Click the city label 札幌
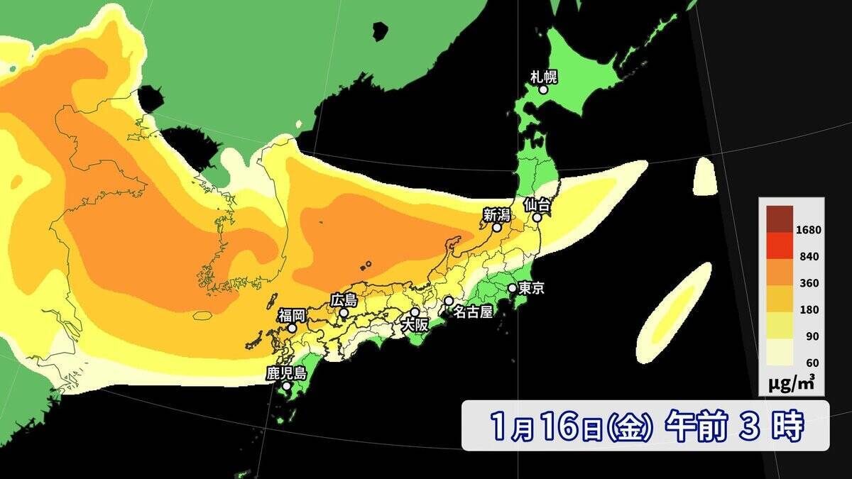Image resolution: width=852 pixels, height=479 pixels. (544, 76)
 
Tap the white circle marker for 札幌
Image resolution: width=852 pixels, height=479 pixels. (543, 89)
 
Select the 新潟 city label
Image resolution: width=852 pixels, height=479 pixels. (496, 214)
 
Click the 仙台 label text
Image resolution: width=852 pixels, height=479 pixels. (537, 204)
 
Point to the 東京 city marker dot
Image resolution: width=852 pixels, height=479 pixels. (512, 288)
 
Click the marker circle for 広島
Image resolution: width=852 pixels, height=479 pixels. (344, 313)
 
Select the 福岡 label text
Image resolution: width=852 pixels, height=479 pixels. (291, 314)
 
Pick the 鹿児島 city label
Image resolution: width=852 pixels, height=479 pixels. (285, 373)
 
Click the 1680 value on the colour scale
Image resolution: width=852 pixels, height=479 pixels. (809, 230)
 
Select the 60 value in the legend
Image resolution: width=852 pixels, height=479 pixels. (814, 363)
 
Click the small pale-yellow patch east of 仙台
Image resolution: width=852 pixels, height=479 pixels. (704, 175)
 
